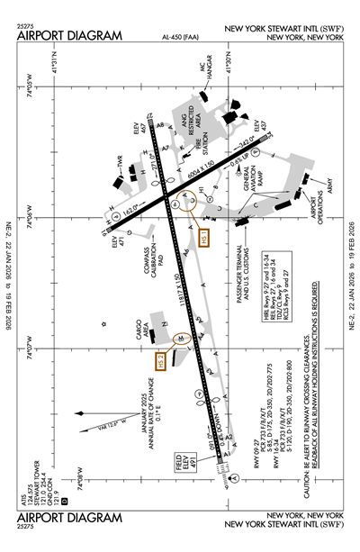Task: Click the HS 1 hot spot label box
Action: (202, 239)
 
